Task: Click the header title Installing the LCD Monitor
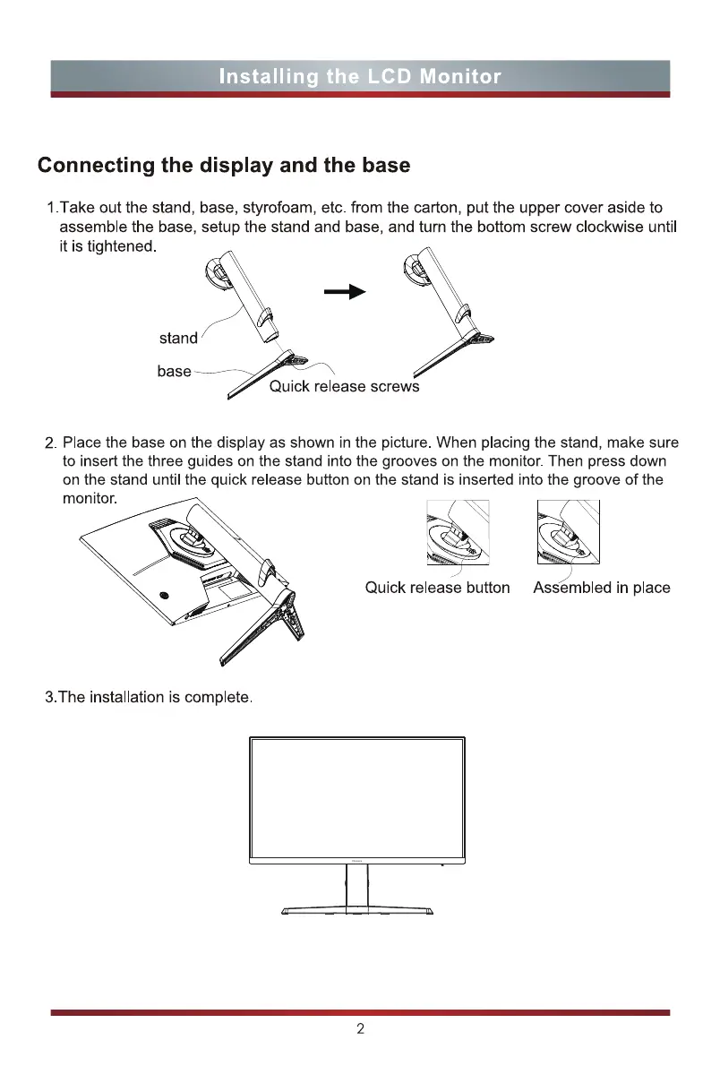coord(360,76)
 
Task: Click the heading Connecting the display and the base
coord(224,166)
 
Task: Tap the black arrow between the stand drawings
coord(347,292)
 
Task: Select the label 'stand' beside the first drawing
coord(178,339)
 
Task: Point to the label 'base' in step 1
coord(174,371)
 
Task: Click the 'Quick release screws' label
coord(345,387)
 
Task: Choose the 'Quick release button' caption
coord(437,589)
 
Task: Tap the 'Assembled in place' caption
coord(602,589)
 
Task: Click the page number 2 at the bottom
coord(360,1029)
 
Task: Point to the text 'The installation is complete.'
coord(150,698)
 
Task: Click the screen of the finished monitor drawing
coord(357,795)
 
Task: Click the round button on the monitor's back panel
coord(164,596)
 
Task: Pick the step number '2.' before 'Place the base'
coord(51,444)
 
